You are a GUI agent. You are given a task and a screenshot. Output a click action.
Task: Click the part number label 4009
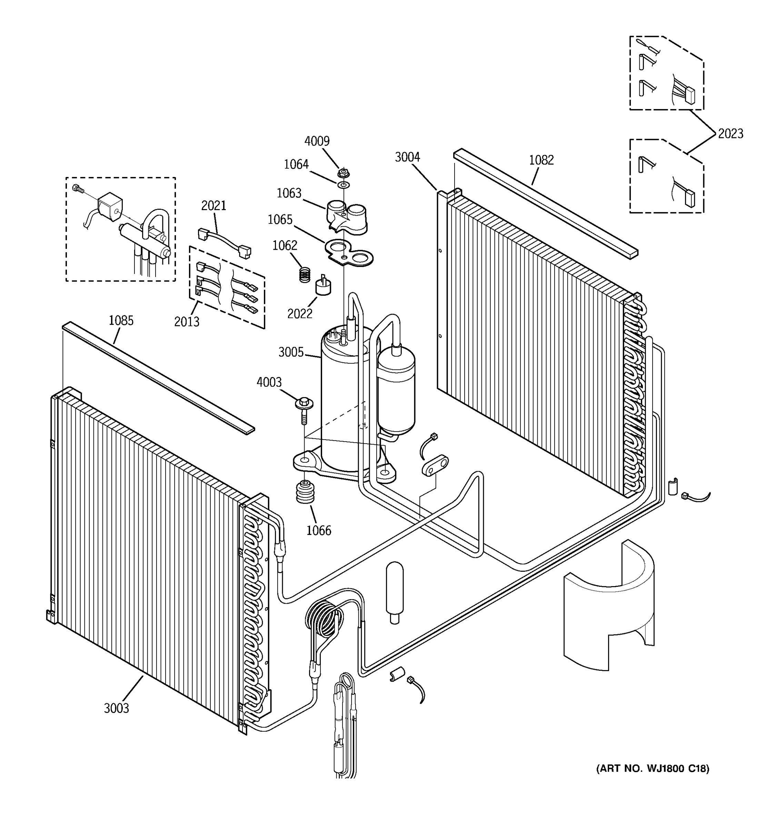[x=317, y=141]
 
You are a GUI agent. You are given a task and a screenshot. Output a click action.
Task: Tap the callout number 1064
[x=296, y=165]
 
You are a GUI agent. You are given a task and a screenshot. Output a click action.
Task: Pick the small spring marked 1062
[x=306, y=275]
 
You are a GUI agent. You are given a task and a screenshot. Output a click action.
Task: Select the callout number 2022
[x=299, y=314]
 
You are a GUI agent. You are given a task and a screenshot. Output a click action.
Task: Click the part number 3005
[x=291, y=352]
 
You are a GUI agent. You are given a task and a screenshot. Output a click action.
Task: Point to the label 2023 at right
[x=730, y=134]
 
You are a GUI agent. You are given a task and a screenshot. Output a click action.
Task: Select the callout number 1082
[x=541, y=160]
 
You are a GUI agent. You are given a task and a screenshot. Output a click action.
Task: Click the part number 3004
[x=407, y=157]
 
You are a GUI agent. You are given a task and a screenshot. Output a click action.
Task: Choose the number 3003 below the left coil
[x=116, y=708]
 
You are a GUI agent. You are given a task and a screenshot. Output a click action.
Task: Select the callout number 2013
[x=187, y=322]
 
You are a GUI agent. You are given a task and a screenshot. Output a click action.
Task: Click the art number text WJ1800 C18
[x=652, y=768]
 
